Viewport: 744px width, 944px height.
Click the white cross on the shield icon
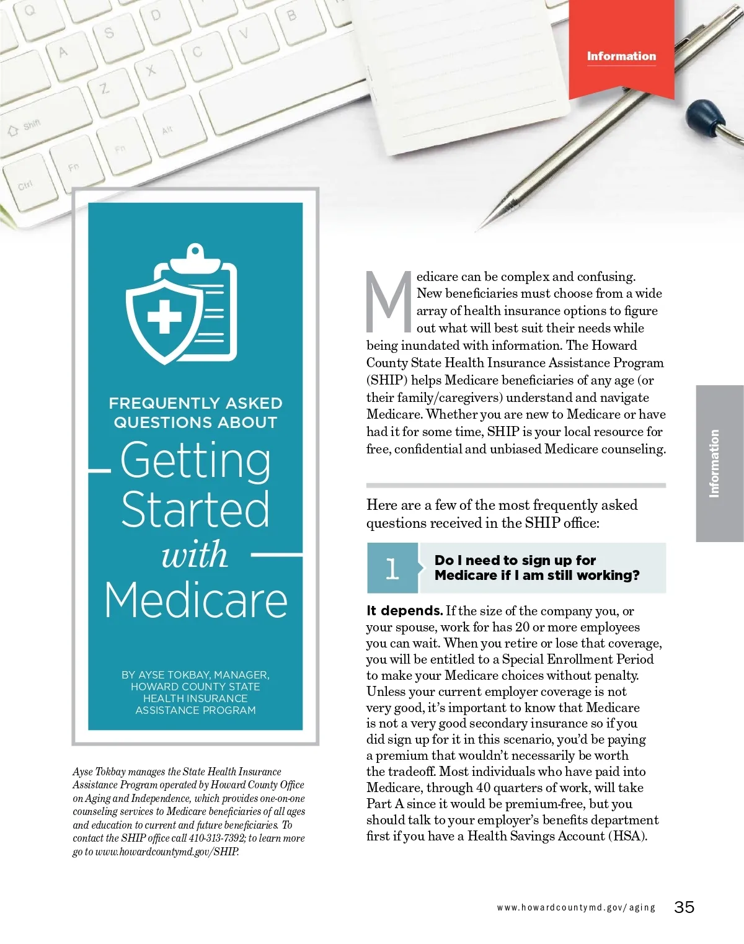click(164, 318)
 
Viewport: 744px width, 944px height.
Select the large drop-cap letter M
click(389, 301)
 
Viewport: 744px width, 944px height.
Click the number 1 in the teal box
click(392, 568)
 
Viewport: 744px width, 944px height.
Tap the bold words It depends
click(404, 611)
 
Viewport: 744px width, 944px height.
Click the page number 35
click(684, 907)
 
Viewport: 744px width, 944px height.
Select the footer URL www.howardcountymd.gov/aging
click(575, 907)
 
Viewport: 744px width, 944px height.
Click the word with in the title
click(195, 554)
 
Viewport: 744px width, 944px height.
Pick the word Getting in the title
click(195, 460)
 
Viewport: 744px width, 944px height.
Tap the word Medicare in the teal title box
click(196, 600)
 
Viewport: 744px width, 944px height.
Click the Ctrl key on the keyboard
click(25, 185)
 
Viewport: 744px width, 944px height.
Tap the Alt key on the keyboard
click(167, 130)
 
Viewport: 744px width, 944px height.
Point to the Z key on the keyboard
click(105, 89)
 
